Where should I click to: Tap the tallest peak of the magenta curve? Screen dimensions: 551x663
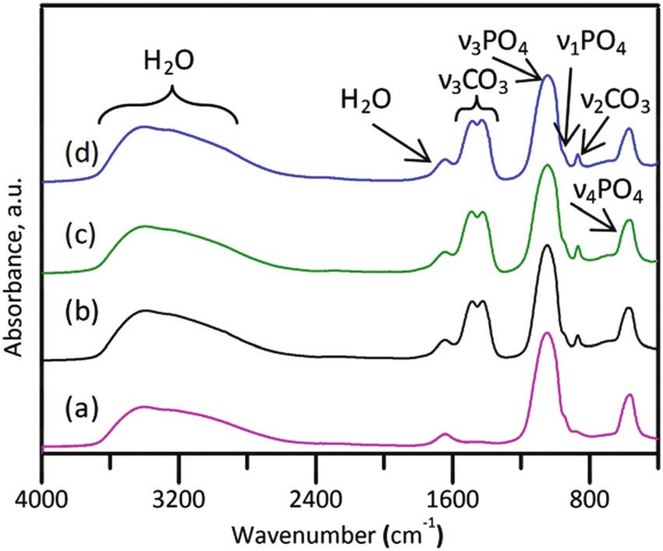tap(548, 333)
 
